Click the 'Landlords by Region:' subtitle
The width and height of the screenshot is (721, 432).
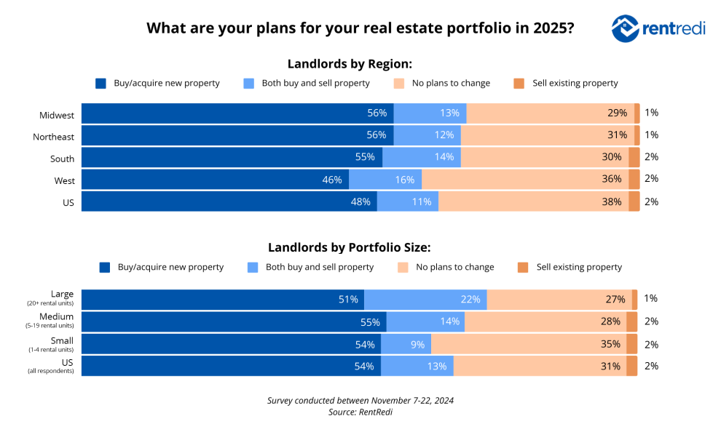[x=350, y=63]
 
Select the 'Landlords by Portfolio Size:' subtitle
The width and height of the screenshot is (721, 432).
[x=350, y=247]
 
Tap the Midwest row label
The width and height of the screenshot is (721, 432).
[x=57, y=114]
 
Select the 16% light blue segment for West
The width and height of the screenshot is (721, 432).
[x=385, y=180]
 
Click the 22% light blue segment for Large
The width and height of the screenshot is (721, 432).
[x=425, y=299]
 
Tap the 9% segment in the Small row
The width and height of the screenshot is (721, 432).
[x=406, y=344]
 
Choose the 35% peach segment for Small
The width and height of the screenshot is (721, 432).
[x=528, y=344]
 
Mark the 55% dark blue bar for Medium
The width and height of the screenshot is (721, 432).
[x=234, y=321]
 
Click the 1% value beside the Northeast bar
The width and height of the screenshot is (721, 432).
[x=651, y=135]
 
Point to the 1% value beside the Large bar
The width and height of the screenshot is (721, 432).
[x=651, y=298]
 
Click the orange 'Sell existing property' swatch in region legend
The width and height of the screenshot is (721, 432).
[x=519, y=84]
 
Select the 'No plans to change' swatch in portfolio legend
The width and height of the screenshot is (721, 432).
[x=402, y=268]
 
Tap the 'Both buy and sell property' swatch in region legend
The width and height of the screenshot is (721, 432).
[x=249, y=84]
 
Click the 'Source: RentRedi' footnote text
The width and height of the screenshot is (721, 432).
[x=360, y=412]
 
